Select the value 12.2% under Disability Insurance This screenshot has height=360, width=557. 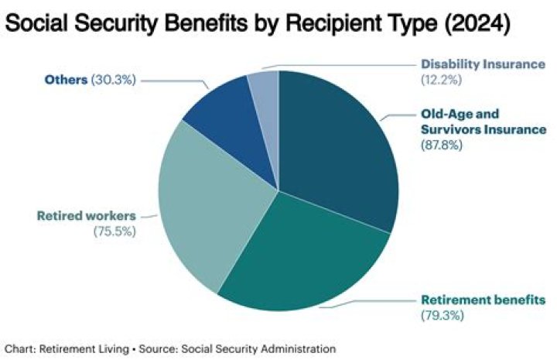pyautogui.click(x=439, y=80)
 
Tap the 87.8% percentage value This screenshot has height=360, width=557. pyautogui.click(x=441, y=144)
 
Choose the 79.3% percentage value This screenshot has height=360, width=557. pyautogui.click(x=439, y=315)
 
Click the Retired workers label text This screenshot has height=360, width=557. pyautogui.click(x=85, y=215)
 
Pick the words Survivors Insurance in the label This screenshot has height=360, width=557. pyautogui.click(x=473, y=128)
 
